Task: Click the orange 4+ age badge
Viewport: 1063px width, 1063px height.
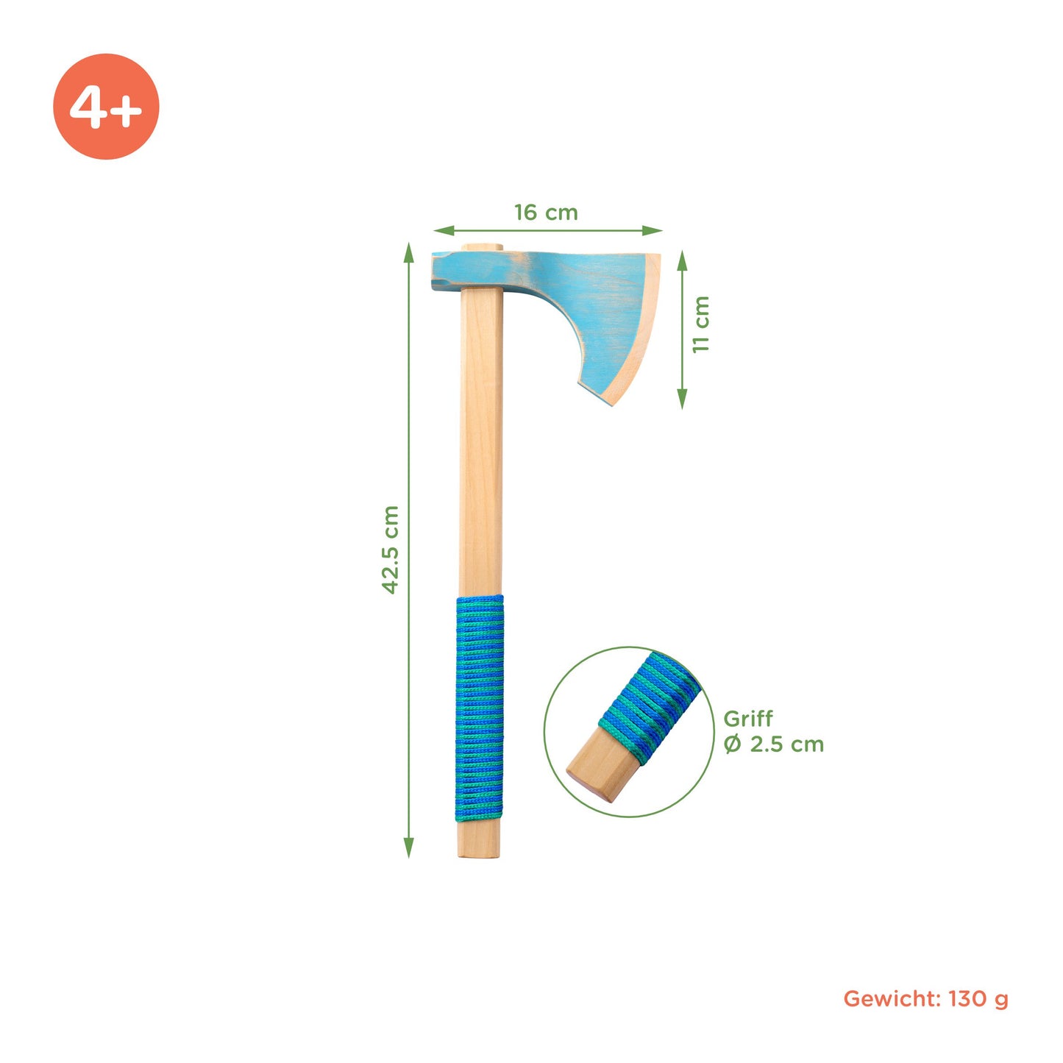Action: coord(106,107)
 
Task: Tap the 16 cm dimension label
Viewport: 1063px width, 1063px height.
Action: coord(546,213)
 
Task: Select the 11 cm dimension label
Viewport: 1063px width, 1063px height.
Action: coord(700,324)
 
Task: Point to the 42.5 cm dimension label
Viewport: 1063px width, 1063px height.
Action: coord(391,550)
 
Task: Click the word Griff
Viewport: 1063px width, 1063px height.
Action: coord(748,719)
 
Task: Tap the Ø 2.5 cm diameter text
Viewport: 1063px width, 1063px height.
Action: coord(774,744)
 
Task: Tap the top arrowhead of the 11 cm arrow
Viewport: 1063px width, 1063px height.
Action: coord(683,260)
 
